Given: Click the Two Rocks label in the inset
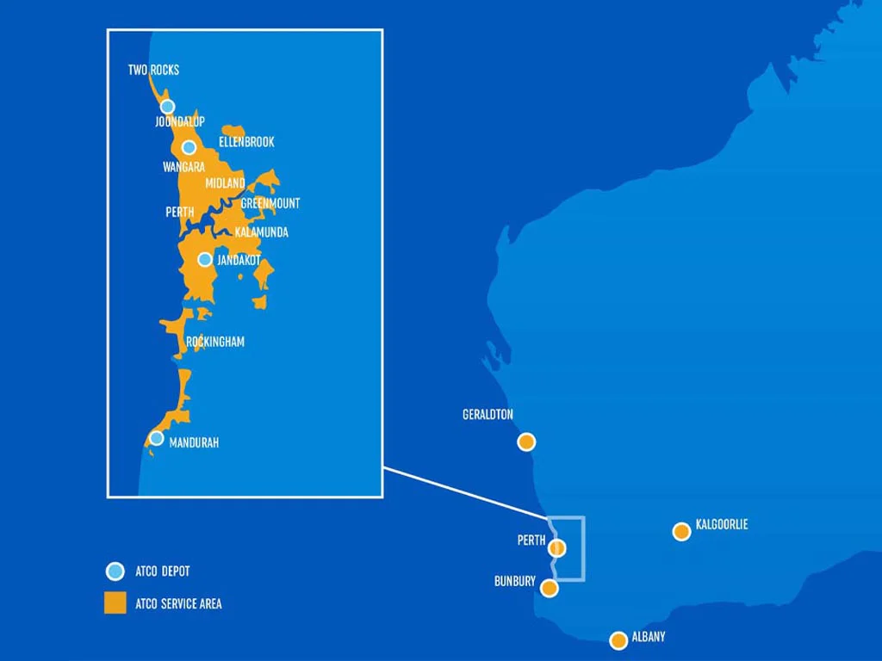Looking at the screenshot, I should pos(153,70).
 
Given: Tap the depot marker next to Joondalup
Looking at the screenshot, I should pos(168,107).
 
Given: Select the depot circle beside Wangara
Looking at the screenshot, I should pos(189,147).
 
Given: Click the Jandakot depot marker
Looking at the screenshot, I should pos(205,259).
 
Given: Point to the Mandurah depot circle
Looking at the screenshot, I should pos(157,438).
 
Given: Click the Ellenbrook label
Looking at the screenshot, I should pos(246,142).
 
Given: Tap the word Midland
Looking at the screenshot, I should pos(225,183).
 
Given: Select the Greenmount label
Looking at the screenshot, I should pos(270,203).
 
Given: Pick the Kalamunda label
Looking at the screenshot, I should pos(261,232).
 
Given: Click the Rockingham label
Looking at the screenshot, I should pos(215,342).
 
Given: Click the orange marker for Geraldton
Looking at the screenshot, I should pos(526,442).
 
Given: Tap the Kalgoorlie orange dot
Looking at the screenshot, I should pos(681,531).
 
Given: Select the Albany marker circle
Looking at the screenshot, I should pos(618,640).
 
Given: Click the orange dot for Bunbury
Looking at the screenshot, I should pos(549,588).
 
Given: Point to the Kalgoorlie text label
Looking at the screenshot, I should pos(722,524).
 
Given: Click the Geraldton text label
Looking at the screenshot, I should pos(488,415).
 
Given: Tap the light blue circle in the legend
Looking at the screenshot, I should pos(115,571).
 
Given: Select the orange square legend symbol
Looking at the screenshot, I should pos(115,603).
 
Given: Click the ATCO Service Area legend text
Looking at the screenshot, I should pos(178,604).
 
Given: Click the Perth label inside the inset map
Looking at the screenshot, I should pos(179,212).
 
